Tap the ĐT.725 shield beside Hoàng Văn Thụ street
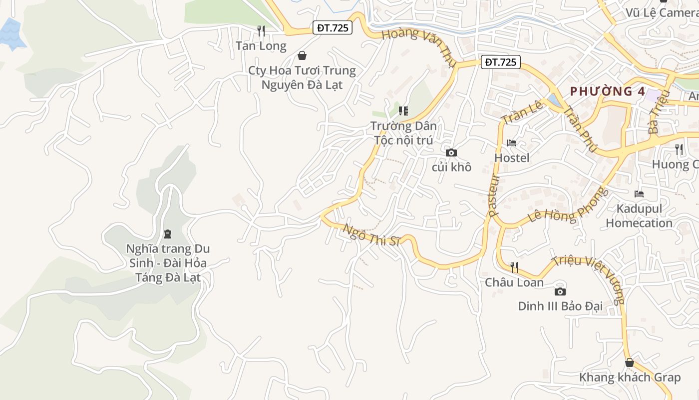tap(501, 62)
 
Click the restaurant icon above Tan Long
tap(261, 31)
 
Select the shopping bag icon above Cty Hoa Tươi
tap(302, 55)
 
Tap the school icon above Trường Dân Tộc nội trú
tap(403, 110)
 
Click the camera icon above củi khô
tap(451, 152)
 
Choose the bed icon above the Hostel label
tap(512, 143)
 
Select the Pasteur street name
tap(495, 195)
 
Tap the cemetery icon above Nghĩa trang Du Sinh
tap(168, 233)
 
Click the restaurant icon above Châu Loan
tap(514, 267)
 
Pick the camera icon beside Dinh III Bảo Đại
tap(560, 291)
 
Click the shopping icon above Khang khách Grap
tap(630, 362)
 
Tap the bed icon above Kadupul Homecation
tap(639, 193)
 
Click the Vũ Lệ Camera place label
tap(662, 12)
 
